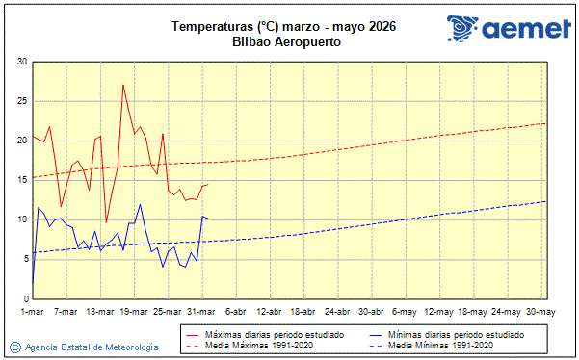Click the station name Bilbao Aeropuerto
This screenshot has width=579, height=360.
pyautogui.click(x=287, y=41)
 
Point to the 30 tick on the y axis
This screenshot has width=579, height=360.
pyautogui.click(x=21, y=62)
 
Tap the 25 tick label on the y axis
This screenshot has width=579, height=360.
pyautogui.click(x=21, y=101)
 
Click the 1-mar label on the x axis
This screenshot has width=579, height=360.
pyautogui.click(x=33, y=312)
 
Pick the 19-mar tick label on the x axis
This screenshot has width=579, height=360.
pyautogui.click(x=134, y=312)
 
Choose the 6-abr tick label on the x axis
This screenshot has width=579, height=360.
pyautogui.click(x=236, y=312)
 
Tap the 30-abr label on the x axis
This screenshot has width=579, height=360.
pyautogui.click(x=372, y=312)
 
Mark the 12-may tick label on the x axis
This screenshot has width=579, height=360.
pyautogui.click(x=439, y=312)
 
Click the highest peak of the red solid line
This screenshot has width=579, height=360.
pyautogui.click(x=123, y=85)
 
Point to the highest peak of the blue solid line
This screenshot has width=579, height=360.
pyautogui.click(x=140, y=204)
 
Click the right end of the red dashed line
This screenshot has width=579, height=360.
pyautogui.click(x=546, y=123)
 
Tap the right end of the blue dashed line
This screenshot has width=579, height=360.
pyautogui.click(x=546, y=201)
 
